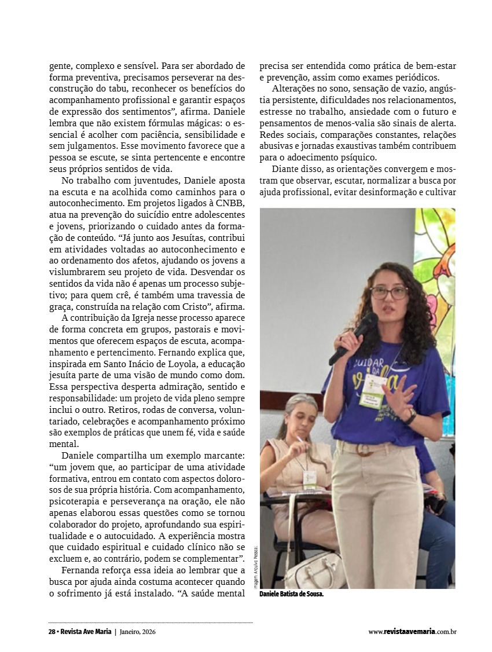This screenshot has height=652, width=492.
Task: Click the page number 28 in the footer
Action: tap(52, 632)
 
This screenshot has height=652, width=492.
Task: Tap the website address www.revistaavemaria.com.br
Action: tap(412, 632)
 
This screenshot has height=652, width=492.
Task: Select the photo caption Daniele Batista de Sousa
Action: tap(291, 594)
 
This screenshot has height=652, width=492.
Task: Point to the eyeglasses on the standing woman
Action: tap(388, 292)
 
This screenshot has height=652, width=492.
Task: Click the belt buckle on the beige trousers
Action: tap(364, 449)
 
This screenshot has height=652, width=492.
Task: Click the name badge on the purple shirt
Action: tap(372, 391)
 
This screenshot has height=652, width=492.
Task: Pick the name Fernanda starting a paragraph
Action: tap(82, 570)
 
